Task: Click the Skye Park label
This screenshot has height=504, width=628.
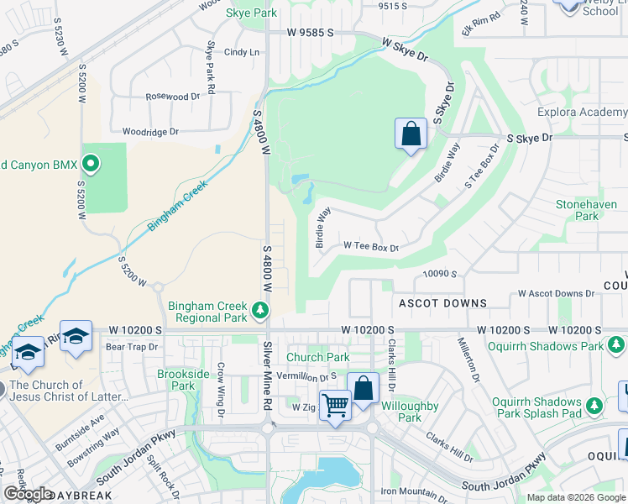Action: click(x=251, y=13)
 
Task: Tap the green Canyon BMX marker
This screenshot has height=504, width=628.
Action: click(x=92, y=162)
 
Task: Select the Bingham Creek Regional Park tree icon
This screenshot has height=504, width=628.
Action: click(x=260, y=311)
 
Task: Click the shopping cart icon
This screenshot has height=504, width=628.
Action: click(x=335, y=406)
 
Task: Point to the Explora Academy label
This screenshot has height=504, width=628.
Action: click(x=582, y=112)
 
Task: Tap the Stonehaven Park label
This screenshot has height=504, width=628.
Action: click(x=577, y=210)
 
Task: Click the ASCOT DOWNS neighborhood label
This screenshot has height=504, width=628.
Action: click(x=442, y=302)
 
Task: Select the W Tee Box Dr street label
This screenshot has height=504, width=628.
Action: click(x=370, y=247)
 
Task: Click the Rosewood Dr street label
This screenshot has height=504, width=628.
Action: click(x=173, y=97)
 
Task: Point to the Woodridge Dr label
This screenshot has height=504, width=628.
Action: click(x=150, y=132)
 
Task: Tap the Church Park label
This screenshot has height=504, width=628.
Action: click(x=318, y=358)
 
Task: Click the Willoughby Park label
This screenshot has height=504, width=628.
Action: click(x=409, y=412)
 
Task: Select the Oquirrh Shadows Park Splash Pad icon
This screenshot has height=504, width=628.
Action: click(x=594, y=406)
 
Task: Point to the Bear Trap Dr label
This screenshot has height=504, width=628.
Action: click(x=132, y=346)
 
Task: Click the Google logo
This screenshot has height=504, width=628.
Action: click(x=28, y=495)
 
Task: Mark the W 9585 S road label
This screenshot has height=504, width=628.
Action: click(x=310, y=33)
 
